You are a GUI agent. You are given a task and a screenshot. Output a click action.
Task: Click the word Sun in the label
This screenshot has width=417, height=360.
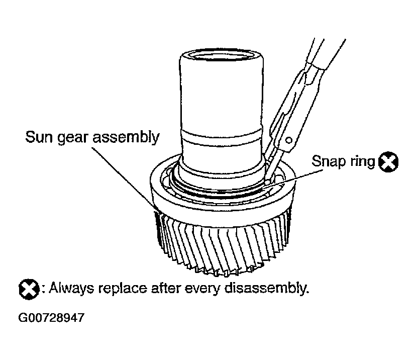click(x=38, y=136)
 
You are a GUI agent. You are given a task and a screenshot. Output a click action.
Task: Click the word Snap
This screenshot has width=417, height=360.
click(x=327, y=162)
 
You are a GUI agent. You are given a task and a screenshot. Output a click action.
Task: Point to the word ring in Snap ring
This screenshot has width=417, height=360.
click(x=360, y=162)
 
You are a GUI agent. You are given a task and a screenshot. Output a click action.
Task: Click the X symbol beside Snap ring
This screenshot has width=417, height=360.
click(x=388, y=162)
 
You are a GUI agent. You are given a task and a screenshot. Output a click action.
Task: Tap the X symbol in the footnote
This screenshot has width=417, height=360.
click(x=29, y=289)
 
